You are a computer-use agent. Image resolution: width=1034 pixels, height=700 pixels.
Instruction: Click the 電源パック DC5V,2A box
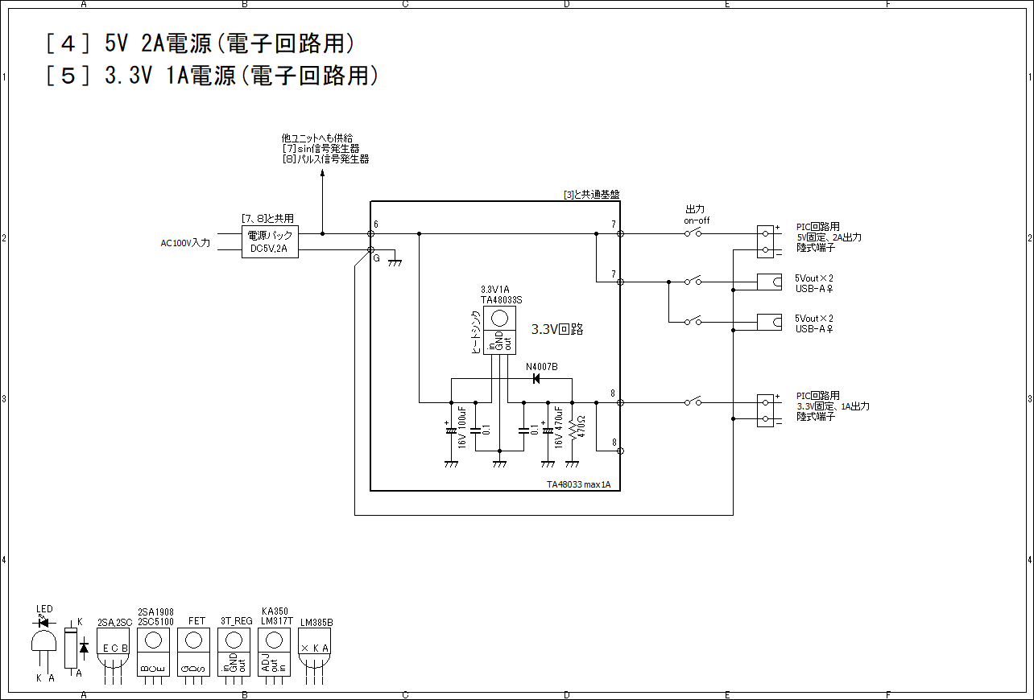pyautogui.click(x=270, y=241)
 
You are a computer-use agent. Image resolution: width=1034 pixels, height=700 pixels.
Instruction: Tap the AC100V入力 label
pyautogui.click(x=186, y=242)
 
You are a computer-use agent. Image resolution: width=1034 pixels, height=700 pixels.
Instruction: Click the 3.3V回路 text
pyautogui.click(x=557, y=329)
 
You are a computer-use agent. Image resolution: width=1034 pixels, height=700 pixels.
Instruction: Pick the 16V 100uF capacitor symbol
pyautogui.click(x=451, y=430)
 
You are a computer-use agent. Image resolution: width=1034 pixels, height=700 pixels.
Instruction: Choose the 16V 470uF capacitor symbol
pyautogui.click(x=548, y=430)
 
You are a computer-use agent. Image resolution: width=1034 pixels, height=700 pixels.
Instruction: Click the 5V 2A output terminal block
pyautogui.click(x=765, y=241)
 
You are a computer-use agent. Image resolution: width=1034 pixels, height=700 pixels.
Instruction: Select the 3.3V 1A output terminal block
pyautogui.click(x=765, y=410)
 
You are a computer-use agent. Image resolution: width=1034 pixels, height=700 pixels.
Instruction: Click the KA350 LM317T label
pyautogui.click(x=275, y=616)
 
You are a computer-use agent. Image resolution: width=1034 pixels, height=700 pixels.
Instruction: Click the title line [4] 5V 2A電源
pyautogui.click(x=201, y=44)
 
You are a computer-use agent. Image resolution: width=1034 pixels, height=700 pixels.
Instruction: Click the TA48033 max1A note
pyautogui.click(x=578, y=484)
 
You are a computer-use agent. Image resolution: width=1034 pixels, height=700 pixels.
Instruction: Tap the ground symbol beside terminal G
pyautogui.click(x=395, y=260)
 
